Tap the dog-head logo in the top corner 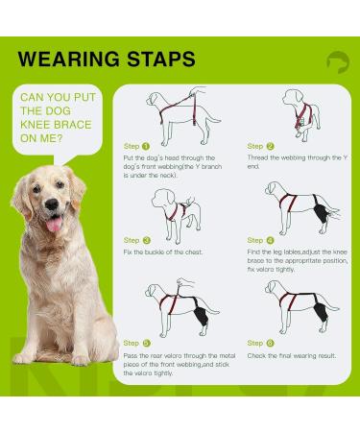337,62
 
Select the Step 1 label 137,146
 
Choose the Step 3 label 137,240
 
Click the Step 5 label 137,343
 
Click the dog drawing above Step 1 179,112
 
